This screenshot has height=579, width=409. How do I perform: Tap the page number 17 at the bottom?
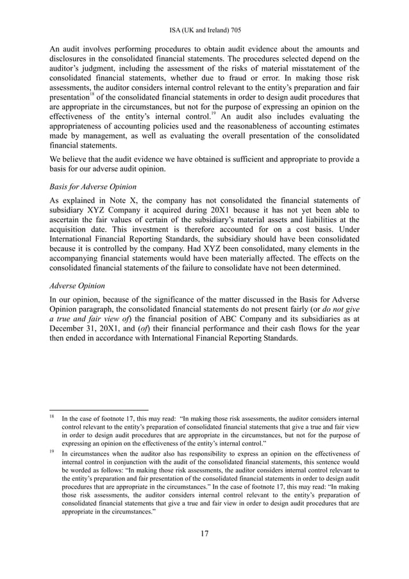pos(204,532)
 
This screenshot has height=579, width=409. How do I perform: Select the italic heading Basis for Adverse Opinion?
pos(94,187)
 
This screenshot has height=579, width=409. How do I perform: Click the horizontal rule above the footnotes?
pos(99,408)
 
